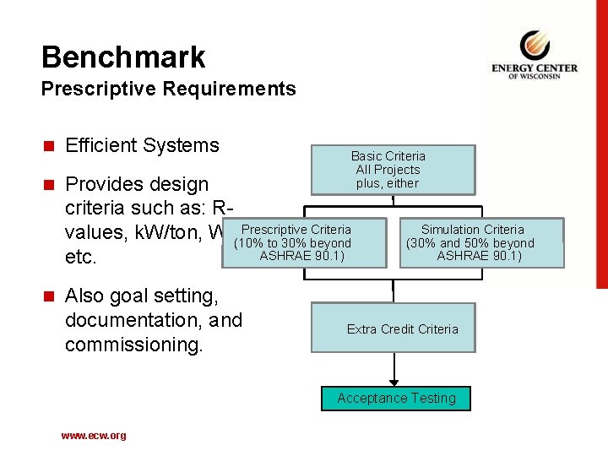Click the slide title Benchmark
coord(123,57)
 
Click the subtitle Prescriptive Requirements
coord(168,89)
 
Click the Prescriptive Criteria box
coord(304,243)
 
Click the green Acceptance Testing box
coord(396,398)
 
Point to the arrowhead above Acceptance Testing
coord(394,383)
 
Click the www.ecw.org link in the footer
coord(93,436)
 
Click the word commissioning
coord(133,345)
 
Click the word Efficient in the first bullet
coord(100,145)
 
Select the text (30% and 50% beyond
coord(470,243)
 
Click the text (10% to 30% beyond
coord(292,243)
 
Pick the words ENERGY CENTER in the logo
coord(535,68)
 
